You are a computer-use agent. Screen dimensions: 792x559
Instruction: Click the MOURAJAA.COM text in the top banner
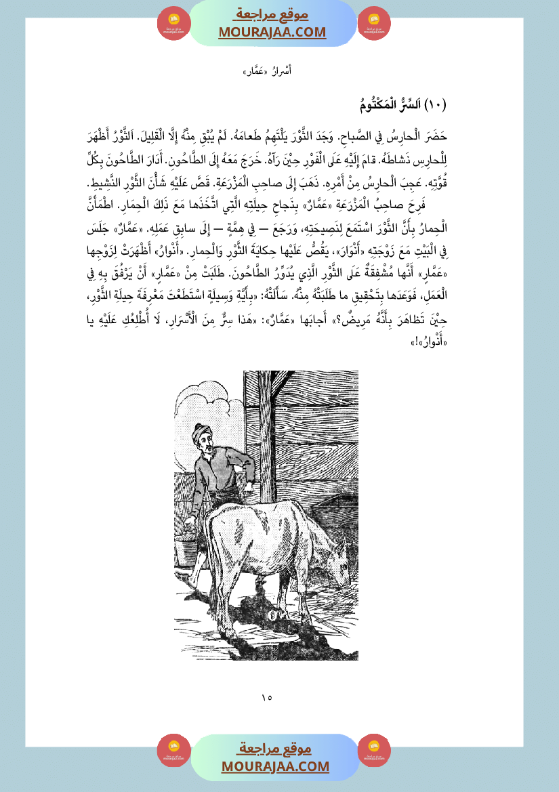272,33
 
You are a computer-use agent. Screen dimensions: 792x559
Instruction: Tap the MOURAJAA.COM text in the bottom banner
275,766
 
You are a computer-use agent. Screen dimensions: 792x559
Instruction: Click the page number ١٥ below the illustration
266,696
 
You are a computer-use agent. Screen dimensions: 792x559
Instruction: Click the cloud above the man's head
210,400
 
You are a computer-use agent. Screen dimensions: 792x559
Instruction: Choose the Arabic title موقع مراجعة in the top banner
272,14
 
